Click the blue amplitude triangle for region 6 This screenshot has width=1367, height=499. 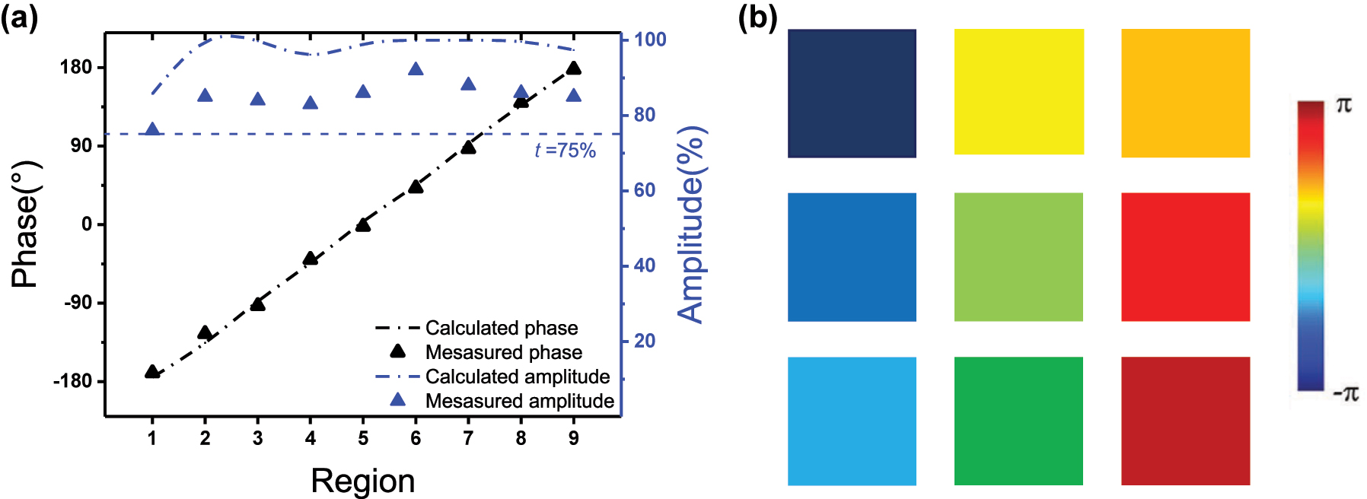point(416,70)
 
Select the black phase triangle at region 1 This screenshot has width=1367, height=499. point(152,372)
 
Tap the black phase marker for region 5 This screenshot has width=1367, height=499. point(363,224)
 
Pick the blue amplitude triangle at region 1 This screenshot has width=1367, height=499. point(152,129)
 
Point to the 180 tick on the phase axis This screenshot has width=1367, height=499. point(76,67)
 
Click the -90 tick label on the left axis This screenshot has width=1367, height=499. point(76,303)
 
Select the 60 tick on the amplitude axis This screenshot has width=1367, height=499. point(644,190)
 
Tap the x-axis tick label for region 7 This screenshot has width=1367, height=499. point(468,438)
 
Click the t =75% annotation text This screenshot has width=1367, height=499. point(565,151)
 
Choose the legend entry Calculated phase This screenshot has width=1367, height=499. point(502,328)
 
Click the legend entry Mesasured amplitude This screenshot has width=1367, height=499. point(519,401)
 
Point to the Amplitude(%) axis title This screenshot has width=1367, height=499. point(691,224)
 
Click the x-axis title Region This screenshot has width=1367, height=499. point(363,482)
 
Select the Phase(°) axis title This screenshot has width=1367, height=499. point(25,224)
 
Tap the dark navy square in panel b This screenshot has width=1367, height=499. point(852,93)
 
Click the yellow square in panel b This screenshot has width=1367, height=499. point(1018,92)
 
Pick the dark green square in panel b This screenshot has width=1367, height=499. point(1018,421)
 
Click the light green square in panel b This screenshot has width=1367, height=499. point(1018,256)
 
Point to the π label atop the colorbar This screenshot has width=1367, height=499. point(1343,106)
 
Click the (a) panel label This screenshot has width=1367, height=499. point(19,17)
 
